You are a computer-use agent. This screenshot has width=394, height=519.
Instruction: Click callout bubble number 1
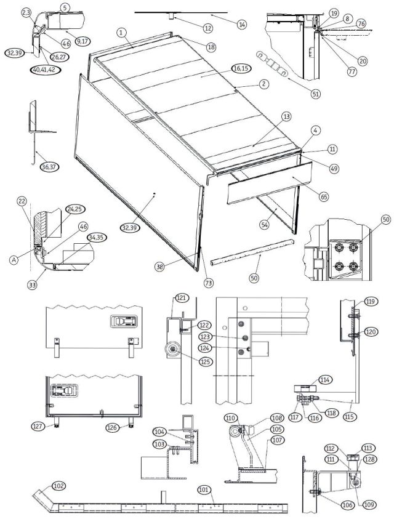(x=122, y=31)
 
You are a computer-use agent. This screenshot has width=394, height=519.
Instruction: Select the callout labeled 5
(x=66, y=7)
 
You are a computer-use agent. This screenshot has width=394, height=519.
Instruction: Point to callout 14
(x=241, y=24)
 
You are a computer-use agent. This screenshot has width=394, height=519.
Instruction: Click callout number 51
(x=316, y=94)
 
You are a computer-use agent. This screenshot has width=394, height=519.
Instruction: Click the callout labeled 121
(x=182, y=298)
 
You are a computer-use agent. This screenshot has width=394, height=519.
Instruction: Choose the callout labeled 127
(x=39, y=425)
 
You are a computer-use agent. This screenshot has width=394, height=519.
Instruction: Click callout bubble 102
(x=59, y=485)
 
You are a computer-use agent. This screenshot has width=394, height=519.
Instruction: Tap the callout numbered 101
(x=204, y=490)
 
